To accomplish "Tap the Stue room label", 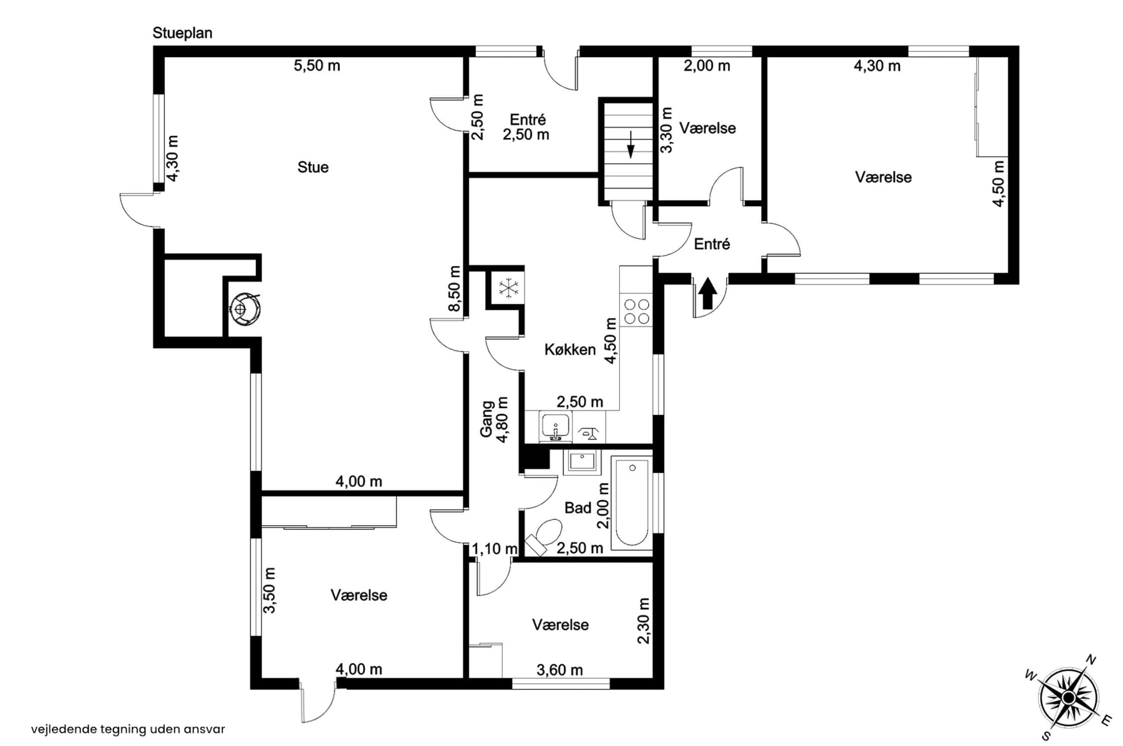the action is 313,168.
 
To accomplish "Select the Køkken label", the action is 570,350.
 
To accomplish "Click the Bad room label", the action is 578,508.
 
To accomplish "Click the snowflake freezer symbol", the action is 508,288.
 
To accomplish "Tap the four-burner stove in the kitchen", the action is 637,311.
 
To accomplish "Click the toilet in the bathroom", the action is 545,536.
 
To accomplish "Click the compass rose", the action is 1068,698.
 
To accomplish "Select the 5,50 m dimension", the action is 317,66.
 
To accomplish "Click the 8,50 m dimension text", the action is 455,289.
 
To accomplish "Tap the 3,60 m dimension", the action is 559,671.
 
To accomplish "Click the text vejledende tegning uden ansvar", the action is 128,729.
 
